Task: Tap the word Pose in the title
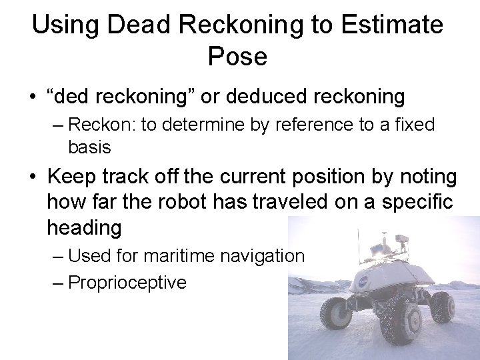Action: pos(237,57)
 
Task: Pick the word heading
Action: pos(84,228)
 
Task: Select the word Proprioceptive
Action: pos(127,283)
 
